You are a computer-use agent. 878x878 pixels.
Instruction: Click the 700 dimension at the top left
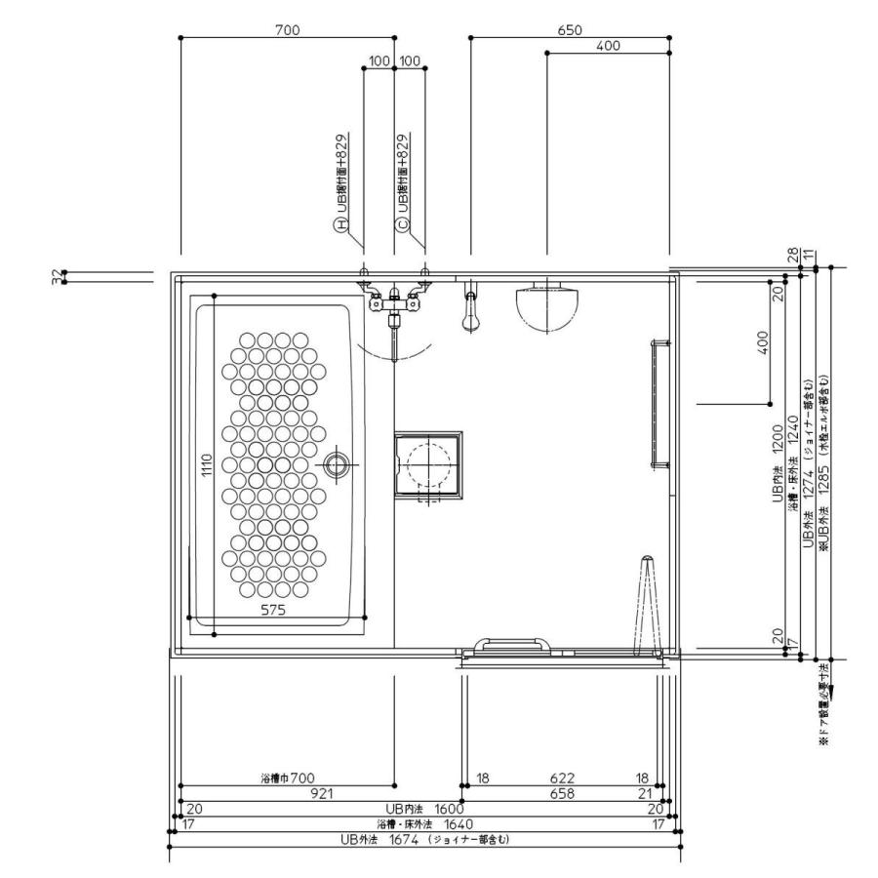tap(288, 30)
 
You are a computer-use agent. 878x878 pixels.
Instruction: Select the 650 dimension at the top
tap(570, 30)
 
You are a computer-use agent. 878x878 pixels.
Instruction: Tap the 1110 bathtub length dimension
tap(207, 465)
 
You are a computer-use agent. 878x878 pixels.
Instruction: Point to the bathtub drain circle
tap(336, 465)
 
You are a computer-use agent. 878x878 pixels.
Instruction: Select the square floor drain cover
tap(428, 465)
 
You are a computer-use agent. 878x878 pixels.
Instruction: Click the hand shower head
tap(470, 314)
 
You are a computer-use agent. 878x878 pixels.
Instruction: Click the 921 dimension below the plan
tap(321, 793)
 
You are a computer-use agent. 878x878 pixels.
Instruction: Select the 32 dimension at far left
tap(56, 277)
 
